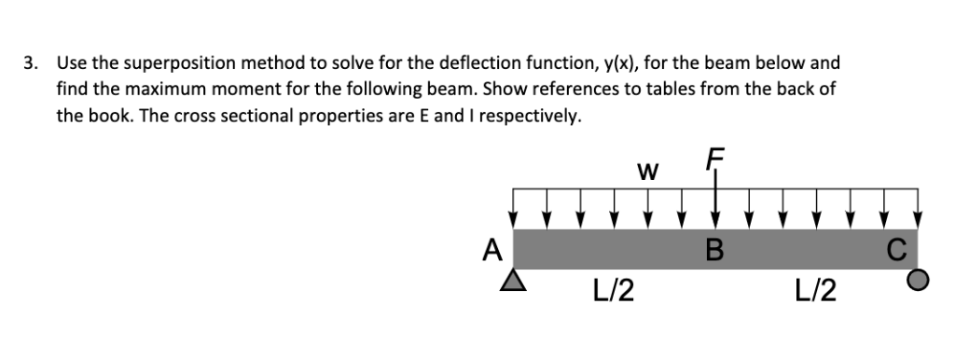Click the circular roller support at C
click(919, 279)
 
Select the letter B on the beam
click(716, 250)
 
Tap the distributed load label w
click(645, 173)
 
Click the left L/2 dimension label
click(614, 291)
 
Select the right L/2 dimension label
click(816, 291)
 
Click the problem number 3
click(31, 63)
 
